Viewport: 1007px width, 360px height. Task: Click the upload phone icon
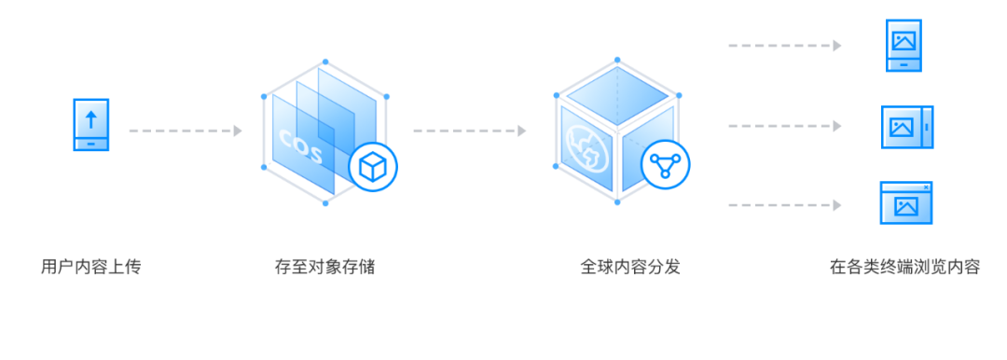[90, 125]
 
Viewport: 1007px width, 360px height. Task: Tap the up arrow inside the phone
[90, 118]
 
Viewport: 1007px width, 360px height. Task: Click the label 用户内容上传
[90, 267]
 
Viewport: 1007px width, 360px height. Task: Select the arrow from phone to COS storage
[185, 131]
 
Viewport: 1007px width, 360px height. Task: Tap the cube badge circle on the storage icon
[373, 168]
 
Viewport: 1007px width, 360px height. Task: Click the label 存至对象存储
[324, 267]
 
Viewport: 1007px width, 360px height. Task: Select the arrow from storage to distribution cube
[469, 131]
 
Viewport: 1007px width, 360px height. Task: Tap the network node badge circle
[666, 166]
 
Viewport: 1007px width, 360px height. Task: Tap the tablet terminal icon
[906, 127]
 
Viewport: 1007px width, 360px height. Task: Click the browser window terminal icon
[905, 203]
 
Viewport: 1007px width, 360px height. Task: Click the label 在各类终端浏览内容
[904, 267]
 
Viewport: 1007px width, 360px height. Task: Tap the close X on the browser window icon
[925, 187]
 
